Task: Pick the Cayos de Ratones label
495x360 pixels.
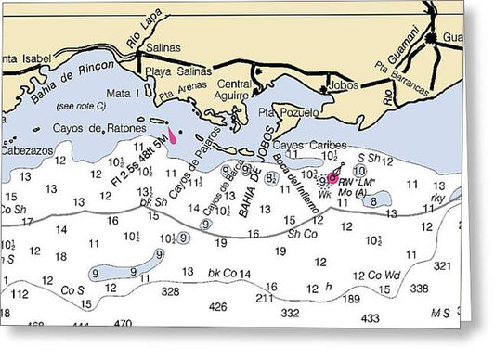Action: (92, 127)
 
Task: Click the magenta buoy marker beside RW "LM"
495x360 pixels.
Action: (332, 176)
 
